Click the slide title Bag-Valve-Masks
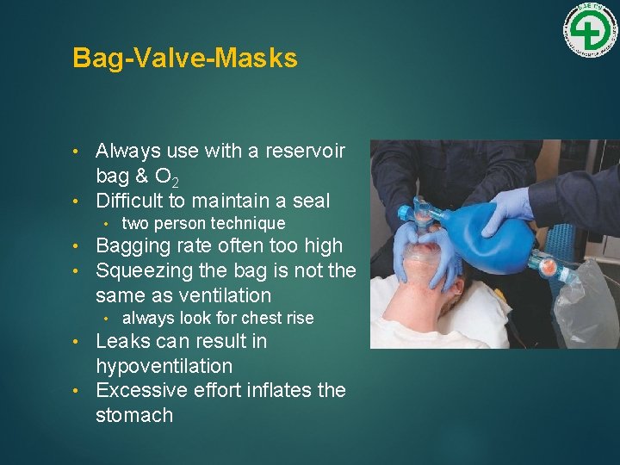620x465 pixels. (x=185, y=58)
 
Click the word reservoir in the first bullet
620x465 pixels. (x=302, y=151)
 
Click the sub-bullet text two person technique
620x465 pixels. (x=203, y=223)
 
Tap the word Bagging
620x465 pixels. (x=133, y=246)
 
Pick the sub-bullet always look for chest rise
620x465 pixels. (x=218, y=318)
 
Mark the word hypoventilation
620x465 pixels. (x=164, y=366)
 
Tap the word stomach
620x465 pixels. (x=134, y=415)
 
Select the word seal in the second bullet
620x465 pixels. (x=311, y=201)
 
